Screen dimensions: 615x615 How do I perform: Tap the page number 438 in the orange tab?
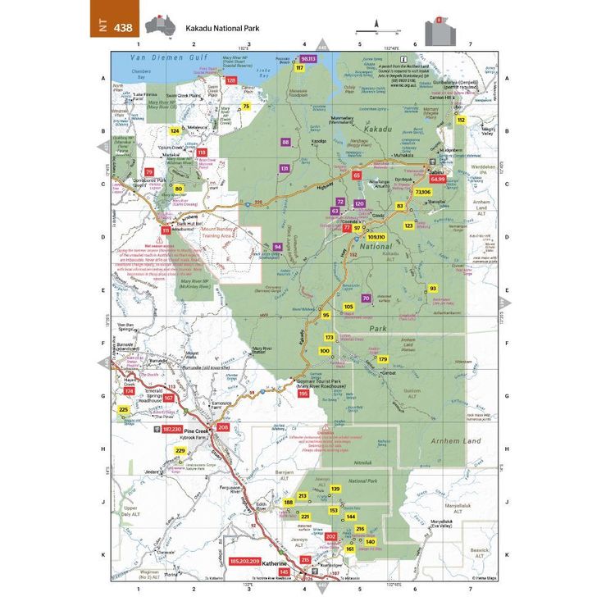122,27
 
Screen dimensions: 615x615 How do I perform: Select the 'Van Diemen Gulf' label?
163,59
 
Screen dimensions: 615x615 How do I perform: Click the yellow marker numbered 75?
245,106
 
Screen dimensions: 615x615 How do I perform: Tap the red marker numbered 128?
231,80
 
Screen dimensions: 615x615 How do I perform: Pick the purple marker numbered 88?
285,142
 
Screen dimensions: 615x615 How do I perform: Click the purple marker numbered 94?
278,247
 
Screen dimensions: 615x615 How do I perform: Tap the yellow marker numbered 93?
433,289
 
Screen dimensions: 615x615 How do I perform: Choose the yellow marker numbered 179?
382,359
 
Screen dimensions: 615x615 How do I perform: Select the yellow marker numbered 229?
180,451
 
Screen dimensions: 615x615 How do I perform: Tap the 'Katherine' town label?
275,565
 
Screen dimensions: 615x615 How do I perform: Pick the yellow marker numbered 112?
461,120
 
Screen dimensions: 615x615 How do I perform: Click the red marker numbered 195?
303,394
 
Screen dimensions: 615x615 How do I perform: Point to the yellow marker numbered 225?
124,409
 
